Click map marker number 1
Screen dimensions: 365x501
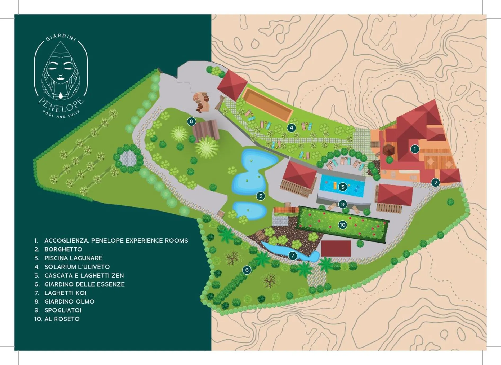pyautogui.click(x=415, y=149)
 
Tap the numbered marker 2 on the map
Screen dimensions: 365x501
pyautogui.click(x=435, y=182)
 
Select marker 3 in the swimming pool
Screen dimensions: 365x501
pyautogui.click(x=343, y=187)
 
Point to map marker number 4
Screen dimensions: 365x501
pyautogui.click(x=291, y=128)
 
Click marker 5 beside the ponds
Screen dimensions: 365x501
pyautogui.click(x=261, y=196)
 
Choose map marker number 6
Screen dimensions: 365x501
pyautogui.click(x=247, y=270)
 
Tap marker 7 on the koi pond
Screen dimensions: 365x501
pyautogui.click(x=293, y=256)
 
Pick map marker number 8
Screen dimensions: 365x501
pyautogui.click(x=191, y=122)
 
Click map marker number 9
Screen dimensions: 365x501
pyautogui.click(x=343, y=204)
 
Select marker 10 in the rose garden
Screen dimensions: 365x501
pyautogui.click(x=342, y=225)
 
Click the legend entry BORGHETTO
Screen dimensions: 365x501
pyautogui.click(x=63, y=249)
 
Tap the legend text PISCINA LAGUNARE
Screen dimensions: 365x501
pyautogui.click(x=73, y=258)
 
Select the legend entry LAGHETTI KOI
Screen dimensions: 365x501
pyautogui.click(x=65, y=293)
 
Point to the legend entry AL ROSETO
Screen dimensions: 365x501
pyautogui.click(x=62, y=319)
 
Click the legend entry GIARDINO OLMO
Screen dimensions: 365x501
pyautogui.click(x=69, y=301)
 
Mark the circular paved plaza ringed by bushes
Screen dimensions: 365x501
pyautogui.click(x=128, y=158)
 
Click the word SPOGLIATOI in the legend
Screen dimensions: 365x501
pyautogui.click(x=63, y=310)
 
